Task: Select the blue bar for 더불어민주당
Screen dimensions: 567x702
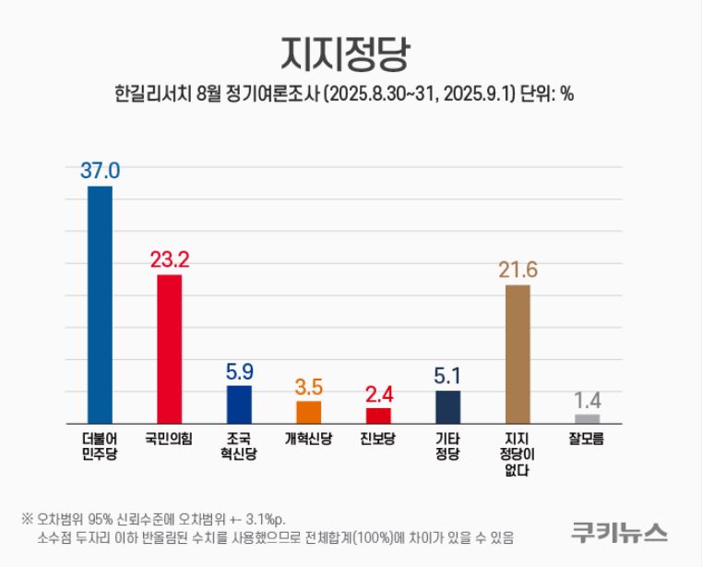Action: (x=100, y=305)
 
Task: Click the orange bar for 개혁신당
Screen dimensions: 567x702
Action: (x=309, y=412)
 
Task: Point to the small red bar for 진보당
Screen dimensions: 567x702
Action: (x=378, y=416)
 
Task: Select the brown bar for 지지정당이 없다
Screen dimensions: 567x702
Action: (x=518, y=354)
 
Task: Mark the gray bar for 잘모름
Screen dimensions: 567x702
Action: (x=588, y=419)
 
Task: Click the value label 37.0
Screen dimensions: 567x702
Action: (x=100, y=171)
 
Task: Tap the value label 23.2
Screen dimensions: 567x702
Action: (x=170, y=259)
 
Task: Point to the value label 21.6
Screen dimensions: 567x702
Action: (x=518, y=270)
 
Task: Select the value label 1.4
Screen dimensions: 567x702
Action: (x=588, y=401)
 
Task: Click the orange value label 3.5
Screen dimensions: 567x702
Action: (x=309, y=386)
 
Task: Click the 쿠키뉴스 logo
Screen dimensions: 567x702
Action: (x=619, y=532)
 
